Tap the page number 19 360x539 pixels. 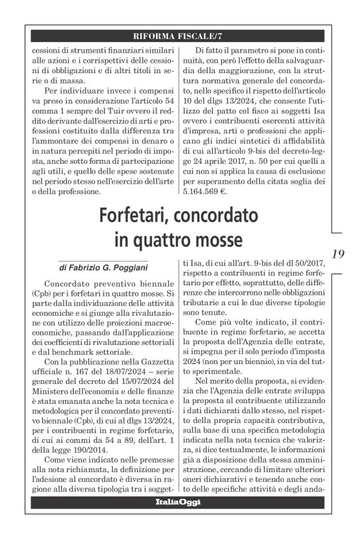(x=338, y=253)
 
